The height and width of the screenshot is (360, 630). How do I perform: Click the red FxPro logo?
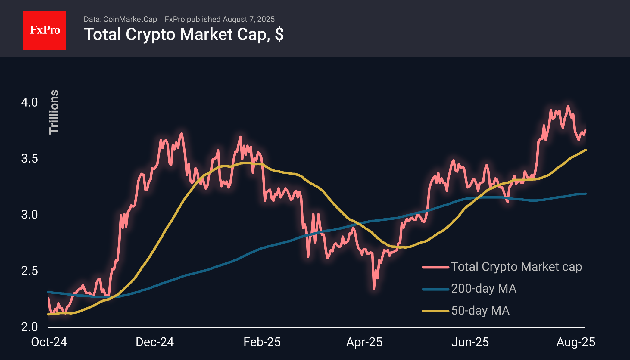[45, 30]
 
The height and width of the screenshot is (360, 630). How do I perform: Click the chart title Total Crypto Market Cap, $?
[184, 34]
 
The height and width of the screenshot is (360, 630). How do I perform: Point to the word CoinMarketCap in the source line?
[130, 19]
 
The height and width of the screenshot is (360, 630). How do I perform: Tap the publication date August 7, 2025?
[248, 19]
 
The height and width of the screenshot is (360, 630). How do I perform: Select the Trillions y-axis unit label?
[54, 112]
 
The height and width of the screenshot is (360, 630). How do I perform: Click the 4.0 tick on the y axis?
[30, 102]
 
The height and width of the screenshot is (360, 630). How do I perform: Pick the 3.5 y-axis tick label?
[30, 158]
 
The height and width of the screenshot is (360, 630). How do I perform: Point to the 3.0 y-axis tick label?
[30, 215]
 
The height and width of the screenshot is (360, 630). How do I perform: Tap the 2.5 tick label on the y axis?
[30, 271]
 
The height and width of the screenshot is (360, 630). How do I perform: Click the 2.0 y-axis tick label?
[30, 327]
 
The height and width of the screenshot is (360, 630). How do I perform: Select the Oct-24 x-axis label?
[49, 342]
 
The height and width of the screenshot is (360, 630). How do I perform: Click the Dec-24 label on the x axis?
[155, 342]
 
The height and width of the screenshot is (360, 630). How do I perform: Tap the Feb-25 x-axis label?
[262, 342]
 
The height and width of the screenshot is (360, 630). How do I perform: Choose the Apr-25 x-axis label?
[364, 342]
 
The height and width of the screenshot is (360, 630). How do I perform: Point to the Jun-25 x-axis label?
[470, 342]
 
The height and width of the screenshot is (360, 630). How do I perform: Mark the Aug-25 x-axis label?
[576, 342]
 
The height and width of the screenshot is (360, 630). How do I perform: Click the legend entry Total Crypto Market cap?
[502, 267]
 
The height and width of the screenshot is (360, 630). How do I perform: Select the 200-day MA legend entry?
[469, 289]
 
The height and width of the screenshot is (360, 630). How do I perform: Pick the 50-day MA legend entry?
[466, 311]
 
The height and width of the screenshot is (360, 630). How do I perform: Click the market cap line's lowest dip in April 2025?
[374, 288]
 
